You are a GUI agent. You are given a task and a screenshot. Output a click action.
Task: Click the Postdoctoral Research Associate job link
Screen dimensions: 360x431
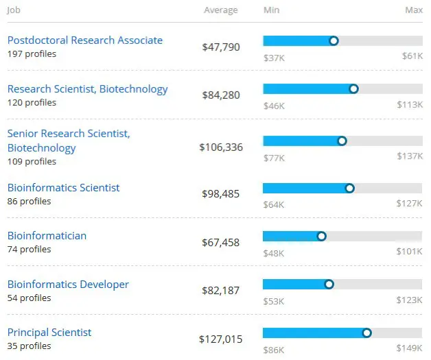pyautogui.click(x=84, y=40)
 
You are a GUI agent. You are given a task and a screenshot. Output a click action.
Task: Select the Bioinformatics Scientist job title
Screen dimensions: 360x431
pyautogui.click(x=63, y=188)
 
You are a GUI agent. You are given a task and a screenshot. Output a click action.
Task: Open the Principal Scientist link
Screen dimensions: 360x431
pyautogui.click(x=49, y=333)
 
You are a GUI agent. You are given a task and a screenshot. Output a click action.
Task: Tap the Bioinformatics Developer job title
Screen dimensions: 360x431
pyautogui.click(x=68, y=285)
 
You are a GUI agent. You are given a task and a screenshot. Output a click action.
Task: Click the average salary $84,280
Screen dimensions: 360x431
pyautogui.click(x=221, y=95)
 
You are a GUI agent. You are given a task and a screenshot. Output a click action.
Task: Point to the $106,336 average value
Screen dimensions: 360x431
pyautogui.click(x=221, y=147)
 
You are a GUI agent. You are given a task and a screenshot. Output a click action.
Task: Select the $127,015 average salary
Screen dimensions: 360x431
pyautogui.click(x=221, y=339)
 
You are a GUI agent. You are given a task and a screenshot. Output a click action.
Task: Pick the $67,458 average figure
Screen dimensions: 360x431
pyautogui.click(x=221, y=243)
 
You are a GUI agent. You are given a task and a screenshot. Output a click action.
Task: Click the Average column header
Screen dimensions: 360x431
pyautogui.click(x=221, y=10)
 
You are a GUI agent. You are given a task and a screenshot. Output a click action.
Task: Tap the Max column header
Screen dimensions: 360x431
pyautogui.click(x=413, y=10)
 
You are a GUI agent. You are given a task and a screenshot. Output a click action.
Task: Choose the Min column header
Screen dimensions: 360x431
pyautogui.click(x=271, y=10)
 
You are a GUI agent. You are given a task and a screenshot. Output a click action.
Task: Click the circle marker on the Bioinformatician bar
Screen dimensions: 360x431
pyautogui.click(x=321, y=237)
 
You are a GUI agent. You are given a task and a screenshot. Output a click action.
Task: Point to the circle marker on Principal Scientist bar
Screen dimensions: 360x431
pyautogui.click(x=366, y=333)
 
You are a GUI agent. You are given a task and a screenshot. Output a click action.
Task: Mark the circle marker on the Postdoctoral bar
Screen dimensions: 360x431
pyautogui.click(x=334, y=41)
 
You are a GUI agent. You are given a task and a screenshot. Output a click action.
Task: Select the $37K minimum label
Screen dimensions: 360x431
pyautogui.click(x=274, y=57)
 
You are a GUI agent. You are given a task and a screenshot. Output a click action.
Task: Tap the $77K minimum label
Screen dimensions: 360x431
pyautogui.click(x=274, y=156)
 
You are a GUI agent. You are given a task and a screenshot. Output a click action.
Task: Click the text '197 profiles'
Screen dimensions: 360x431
pyautogui.click(x=32, y=54)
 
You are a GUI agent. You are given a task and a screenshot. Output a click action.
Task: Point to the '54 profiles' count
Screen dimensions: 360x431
pyautogui.click(x=29, y=298)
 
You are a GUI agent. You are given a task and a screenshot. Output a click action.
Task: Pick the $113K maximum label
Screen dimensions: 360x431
pyautogui.click(x=410, y=106)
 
